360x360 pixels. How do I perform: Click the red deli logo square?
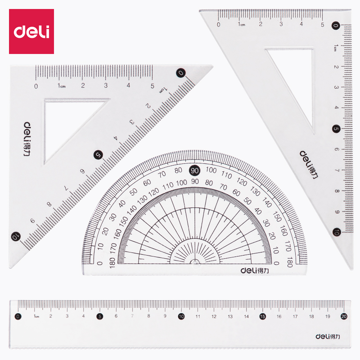point(31,31)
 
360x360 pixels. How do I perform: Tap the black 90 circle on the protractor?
point(194,171)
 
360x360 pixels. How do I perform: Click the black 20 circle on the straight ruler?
point(344,316)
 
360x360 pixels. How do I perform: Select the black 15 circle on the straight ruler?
point(262,316)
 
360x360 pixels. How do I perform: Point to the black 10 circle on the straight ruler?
point(181,316)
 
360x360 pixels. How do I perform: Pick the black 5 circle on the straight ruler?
point(99,316)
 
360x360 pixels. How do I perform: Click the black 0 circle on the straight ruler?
point(18,316)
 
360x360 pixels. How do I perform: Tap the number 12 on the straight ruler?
point(214,316)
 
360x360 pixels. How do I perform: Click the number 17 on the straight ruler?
point(295,316)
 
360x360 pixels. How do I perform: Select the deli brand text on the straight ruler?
point(328,337)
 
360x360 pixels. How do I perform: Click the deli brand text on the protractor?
point(254,271)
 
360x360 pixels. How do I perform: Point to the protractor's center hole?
point(195,263)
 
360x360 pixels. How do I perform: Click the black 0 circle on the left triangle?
point(181,73)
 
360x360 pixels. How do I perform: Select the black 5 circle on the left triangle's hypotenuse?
point(98,155)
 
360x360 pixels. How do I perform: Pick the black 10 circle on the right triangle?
point(336,232)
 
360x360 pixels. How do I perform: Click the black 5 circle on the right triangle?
point(336,129)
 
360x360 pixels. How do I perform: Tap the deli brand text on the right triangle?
point(309,164)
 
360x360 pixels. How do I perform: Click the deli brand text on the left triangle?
point(27,139)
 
